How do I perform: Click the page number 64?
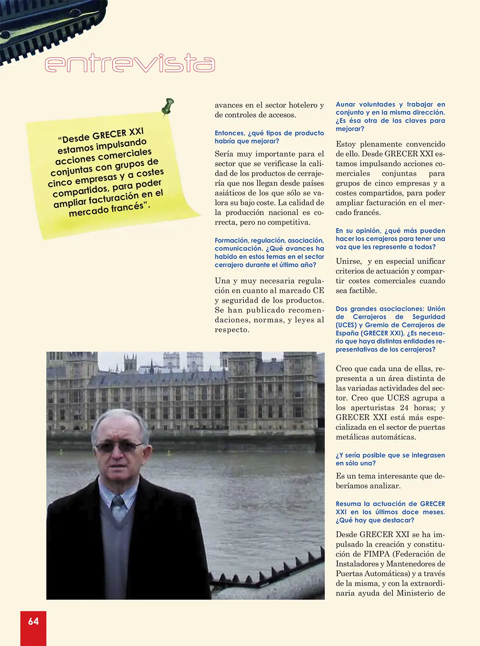(x=33, y=621)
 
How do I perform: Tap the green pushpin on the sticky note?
(x=168, y=106)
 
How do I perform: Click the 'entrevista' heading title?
(x=129, y=63)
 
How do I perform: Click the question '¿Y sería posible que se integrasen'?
(x=390, y=455)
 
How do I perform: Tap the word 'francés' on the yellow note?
(x=127, y=208)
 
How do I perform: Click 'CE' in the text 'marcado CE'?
(x=318, y=290)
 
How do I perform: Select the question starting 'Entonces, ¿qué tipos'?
(x=269, y=137)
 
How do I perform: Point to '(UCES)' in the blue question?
(x=346, y=325)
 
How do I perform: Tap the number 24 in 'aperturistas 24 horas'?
(x=404, y=408)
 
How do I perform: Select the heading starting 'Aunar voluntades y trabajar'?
(x=390, y=116)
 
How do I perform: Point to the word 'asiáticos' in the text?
(x=230, y=193)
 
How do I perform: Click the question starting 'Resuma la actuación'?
(x=390, y=512)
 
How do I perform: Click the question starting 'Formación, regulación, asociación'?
(x=269, y=252)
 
